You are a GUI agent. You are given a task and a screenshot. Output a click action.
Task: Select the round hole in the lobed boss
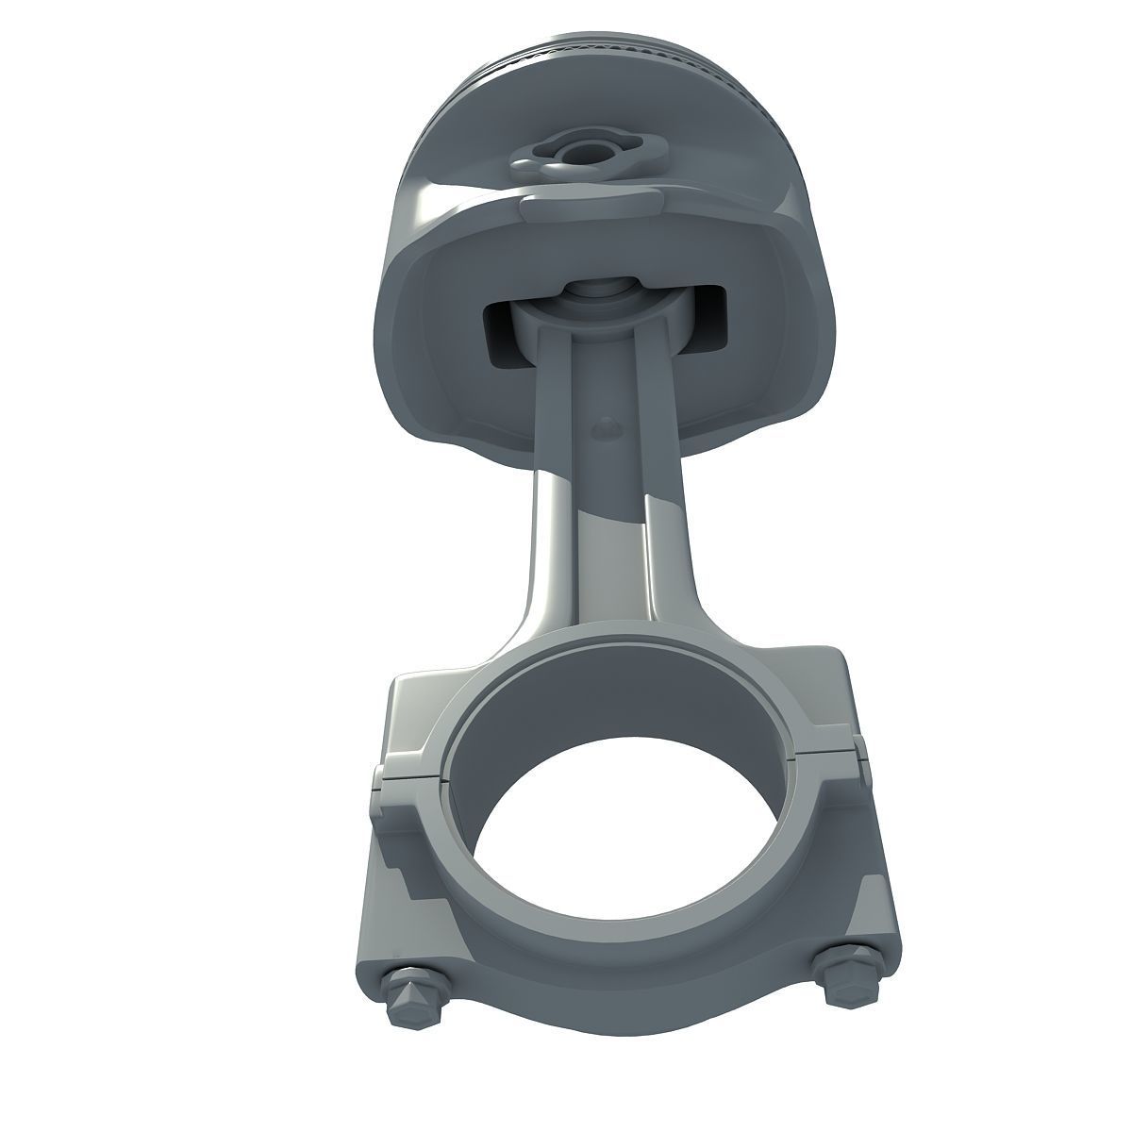(574, 153)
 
